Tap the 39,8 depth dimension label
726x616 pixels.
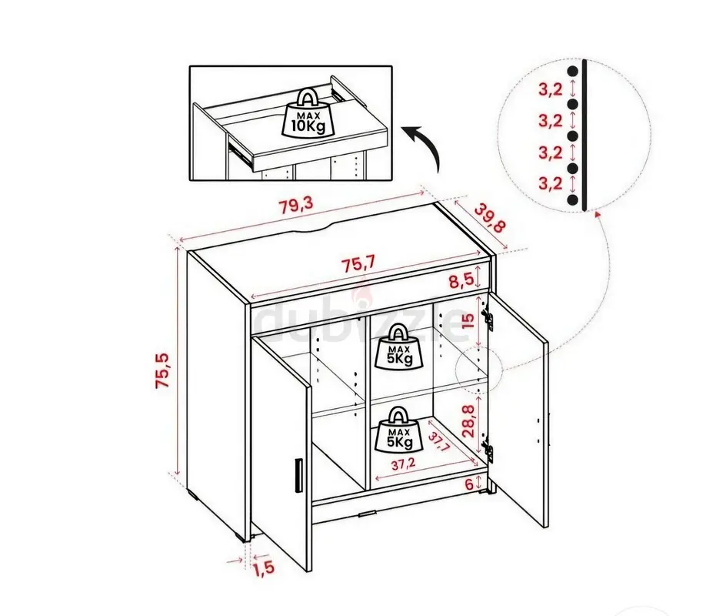click(x=490, y=219)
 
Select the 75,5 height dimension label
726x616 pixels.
click(x=164, y=370)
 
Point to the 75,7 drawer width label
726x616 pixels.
click(x=358, y=265)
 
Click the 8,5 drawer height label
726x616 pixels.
click(x=461, y=280)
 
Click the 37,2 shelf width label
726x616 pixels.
click(x=403, y=464)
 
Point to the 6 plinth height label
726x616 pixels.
click(x=469, y=484)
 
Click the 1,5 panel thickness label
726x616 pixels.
click(x=264, y=567)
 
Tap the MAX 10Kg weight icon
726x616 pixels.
click(x=308, y=114)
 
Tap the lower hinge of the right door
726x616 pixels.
click(x=487, y=448)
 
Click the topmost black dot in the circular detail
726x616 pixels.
click(x=573, y=72)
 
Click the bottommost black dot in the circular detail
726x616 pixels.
click(x=573, y=199)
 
